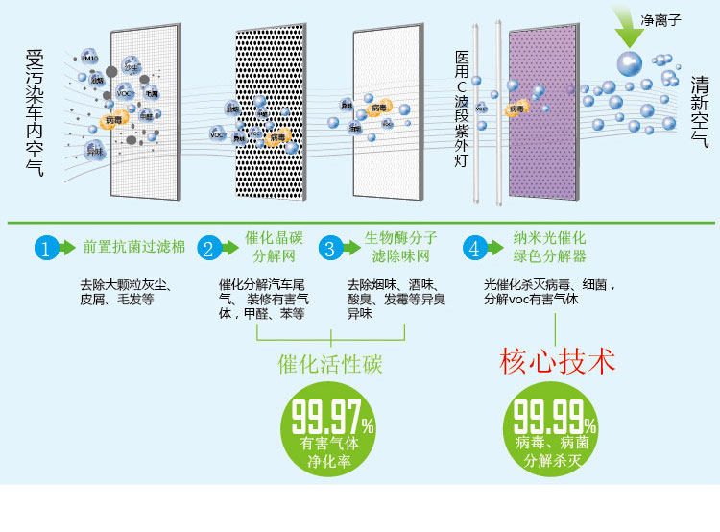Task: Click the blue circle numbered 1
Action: pos(46,248)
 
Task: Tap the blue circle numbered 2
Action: pos(207,248)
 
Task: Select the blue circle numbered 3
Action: pos(329,248)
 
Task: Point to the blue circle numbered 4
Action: pos(473,248)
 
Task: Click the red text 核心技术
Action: pos(557,362)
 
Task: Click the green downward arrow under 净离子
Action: pos(630,35)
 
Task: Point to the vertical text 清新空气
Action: pos(698,111)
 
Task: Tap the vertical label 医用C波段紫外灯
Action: pos(462,110)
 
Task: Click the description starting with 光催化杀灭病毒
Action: pos(549,292)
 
